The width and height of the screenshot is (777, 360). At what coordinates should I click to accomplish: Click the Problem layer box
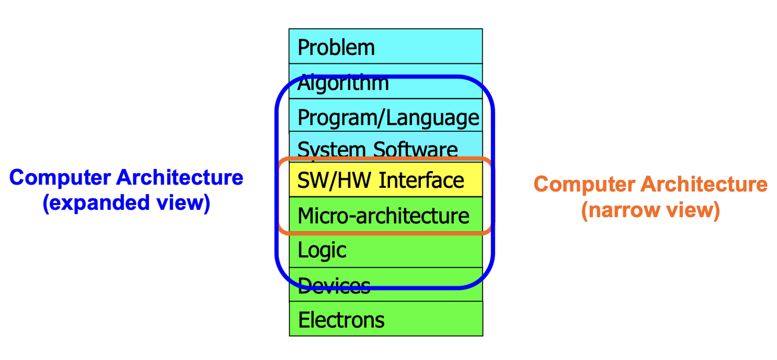[385, 47]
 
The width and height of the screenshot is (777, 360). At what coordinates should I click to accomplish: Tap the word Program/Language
[388, 117]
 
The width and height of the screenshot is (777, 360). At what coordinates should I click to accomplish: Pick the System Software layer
[378, 150]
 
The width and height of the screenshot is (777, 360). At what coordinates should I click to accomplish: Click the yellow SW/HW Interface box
[385, 180]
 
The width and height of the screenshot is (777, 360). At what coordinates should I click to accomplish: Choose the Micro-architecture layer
[383, 215]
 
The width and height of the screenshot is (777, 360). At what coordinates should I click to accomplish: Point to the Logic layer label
[322, 250]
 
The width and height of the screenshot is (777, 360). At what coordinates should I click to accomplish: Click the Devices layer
[334, 285]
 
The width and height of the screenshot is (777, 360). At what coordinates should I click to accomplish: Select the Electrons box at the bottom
[385, 320]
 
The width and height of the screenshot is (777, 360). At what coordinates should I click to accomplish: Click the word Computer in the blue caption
[60, 177]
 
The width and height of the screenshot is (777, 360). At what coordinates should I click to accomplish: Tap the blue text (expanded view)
[126, 203]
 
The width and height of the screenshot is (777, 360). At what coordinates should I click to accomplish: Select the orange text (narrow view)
[650, 210]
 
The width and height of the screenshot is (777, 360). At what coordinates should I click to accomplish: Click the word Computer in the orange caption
[584, 185]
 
